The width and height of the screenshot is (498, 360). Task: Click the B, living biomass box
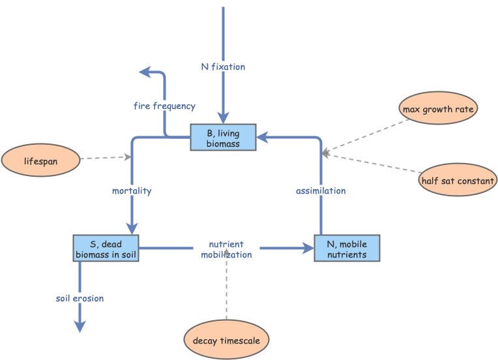tap(223, 138)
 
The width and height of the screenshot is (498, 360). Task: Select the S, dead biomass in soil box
tap(106, 248)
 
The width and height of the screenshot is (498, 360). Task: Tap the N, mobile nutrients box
tap(346, 248)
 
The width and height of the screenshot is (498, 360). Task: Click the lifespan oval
tap(40, 160)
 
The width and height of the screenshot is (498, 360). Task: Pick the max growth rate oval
tap(438, 108)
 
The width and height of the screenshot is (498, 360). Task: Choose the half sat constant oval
tap(458, 180)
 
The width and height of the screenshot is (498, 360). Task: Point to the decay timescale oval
tap(226, 340)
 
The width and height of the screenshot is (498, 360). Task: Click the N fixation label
tap(223, 67)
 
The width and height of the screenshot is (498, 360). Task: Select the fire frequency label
tap(164, 106)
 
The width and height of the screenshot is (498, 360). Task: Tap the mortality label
tap(132, 190)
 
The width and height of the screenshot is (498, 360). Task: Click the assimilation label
tap(321, 190)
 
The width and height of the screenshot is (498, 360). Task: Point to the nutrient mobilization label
tap(226, 249)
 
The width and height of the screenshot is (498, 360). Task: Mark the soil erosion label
tap(80, 298)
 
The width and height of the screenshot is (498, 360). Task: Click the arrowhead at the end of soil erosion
tap(80, 326)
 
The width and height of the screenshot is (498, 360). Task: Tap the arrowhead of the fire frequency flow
tap(145, 72)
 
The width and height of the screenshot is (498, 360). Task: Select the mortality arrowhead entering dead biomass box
tap(132, 228)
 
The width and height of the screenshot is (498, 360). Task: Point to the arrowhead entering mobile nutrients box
tap(308, 248)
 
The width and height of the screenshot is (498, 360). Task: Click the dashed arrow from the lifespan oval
tap(104, 158)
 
